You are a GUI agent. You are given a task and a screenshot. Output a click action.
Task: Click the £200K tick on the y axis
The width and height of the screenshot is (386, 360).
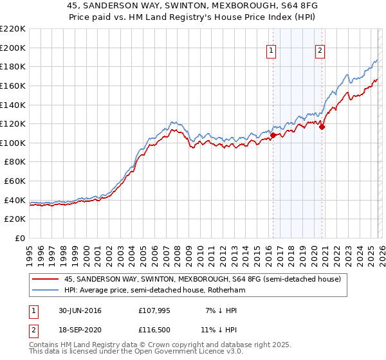tap(13, 48)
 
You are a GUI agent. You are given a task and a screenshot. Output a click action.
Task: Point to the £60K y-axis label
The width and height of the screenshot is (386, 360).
tap(15, 181)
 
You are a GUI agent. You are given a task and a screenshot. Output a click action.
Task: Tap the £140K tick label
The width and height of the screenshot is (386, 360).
tap(13, 105)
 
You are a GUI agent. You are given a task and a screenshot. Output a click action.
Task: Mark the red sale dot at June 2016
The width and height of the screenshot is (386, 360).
tap(273, 136)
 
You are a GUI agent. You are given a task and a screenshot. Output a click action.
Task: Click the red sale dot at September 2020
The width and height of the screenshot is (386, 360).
tap(322, 127)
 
